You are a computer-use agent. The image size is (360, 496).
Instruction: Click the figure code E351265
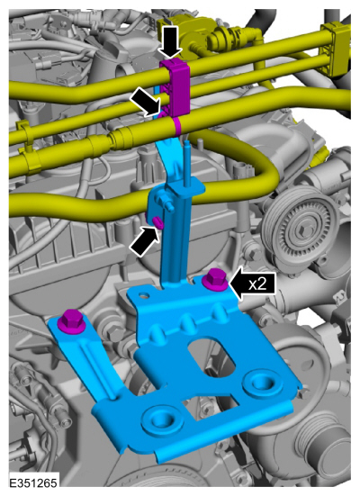33,483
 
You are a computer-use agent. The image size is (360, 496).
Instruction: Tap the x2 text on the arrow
256,284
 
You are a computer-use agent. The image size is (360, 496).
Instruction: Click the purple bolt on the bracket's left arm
71,321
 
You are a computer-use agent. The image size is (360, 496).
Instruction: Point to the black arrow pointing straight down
170,42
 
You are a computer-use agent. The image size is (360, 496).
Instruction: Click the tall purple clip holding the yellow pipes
175,88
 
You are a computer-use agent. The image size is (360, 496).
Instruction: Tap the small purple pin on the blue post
157,222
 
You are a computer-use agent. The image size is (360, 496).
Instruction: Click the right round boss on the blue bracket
262,383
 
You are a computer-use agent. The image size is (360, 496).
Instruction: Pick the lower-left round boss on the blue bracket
163,419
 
